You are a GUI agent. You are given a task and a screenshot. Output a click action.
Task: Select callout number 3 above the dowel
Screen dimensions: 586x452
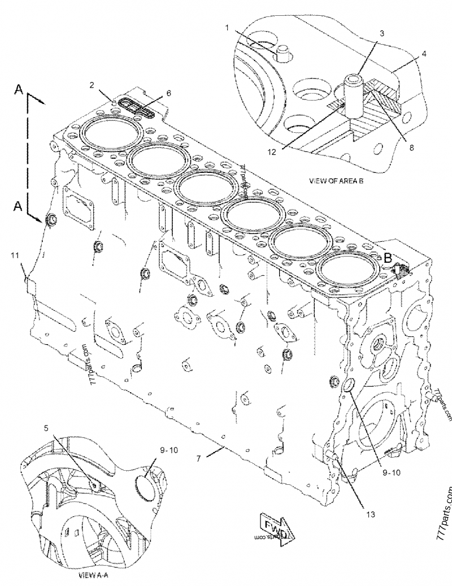[382, 33]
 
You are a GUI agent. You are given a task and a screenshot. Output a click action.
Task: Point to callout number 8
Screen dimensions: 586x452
[411, 148]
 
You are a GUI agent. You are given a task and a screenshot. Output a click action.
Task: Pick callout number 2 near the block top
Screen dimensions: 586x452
[92, 85]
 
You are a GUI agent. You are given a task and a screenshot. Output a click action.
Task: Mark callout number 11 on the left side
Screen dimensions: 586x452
[14, 256]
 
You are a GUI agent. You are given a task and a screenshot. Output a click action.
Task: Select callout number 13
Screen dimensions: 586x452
[370, 514]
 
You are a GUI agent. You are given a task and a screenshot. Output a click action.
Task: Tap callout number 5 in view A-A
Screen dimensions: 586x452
[46, 428]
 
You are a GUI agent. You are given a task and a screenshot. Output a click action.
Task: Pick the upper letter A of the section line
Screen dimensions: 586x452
[19, 89]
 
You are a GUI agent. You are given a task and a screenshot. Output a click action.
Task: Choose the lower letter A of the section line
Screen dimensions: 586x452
[19, 207]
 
